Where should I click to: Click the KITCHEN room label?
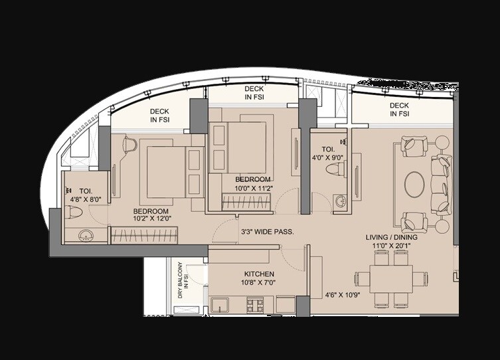point(259,274)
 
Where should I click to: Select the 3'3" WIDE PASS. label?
point(268,232)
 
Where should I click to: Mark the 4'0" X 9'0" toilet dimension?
point(327,157)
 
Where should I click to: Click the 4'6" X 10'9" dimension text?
point(342,294)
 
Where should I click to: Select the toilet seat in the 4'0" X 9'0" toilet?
point(333,170)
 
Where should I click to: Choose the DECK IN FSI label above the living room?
point(399,110)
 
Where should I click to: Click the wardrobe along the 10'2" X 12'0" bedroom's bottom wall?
point(144,234)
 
